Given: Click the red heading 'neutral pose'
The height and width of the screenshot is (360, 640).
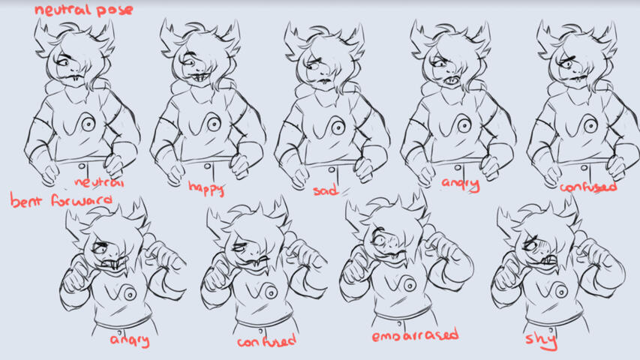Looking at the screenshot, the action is (x=84, y=10).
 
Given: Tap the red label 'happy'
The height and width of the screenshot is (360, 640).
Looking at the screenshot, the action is (x=206, y=188).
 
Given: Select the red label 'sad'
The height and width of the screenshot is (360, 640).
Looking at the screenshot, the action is (x=326, y=190).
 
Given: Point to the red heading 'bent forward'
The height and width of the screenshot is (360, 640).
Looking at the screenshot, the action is (x=61, y=201).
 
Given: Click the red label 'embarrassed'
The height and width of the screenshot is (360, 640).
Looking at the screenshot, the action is (x=415, y=335).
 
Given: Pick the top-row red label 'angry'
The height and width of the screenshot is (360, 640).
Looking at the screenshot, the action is (x=460, y=184).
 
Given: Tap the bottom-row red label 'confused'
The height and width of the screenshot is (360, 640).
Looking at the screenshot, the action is (x=266, y=340).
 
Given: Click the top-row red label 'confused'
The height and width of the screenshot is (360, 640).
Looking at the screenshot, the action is (x=587, y=187).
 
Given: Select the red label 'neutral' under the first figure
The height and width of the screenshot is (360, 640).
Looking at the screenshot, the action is (x=99, y=182).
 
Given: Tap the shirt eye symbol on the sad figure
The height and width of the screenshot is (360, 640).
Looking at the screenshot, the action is (x=338, y=127).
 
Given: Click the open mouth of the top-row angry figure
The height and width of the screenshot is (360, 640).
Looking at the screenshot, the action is (x=452, y=80).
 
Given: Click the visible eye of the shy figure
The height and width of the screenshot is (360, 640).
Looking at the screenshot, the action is (x=530, y=246).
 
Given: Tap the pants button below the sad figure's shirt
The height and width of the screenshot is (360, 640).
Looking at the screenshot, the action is (x=332, y=169).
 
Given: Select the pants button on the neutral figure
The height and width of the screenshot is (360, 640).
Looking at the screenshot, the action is (x=82, y=166).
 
